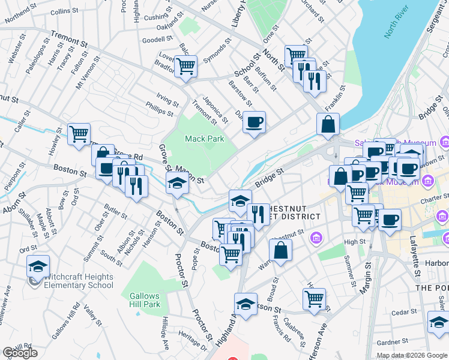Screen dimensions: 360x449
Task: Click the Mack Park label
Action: [x=204, y=139]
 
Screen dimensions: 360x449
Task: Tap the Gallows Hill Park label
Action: [x=145, y=300]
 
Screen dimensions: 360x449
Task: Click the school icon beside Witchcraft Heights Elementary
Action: [x=38, y=266]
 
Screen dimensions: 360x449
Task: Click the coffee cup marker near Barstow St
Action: [x=254, y=123]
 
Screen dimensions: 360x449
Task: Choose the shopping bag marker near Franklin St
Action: [x=328, y=125]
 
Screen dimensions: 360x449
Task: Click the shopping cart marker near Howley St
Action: [x=79, y=134]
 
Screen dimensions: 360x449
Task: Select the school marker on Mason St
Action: [x=178, y=185]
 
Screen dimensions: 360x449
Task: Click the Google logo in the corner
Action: [x=20, y=353]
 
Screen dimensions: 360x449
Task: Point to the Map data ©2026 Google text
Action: [x=411, y=355]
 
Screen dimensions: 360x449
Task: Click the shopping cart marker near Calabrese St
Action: [x=314, y=299]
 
